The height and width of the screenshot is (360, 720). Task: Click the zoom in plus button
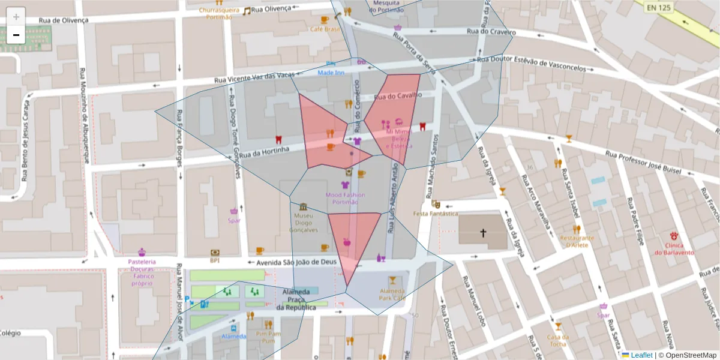pyautogui.click(x=16, y=17)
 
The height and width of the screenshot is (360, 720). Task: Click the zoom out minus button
pyautogui.click(x=16, y=35)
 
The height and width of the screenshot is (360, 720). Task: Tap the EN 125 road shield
pyautogui.click(x=659, y=8)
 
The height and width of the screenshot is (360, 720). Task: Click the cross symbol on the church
pyautogui.click(x=483, y=232)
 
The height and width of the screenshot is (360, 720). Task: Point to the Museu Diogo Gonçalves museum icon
pyautogui.click(x=303, y=207)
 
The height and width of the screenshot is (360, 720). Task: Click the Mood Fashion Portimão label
pyautogui.click(x=345, y=198)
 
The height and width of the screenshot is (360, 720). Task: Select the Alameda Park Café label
pyautogui.click(x=392, y=294)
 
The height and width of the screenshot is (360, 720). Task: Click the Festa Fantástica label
pyautogui.click(x=435, y=214)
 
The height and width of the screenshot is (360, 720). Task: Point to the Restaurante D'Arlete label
pyautogui.click(x=577, y=241)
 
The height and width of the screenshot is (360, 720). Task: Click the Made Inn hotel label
pyautogui.click(x=331, y=73)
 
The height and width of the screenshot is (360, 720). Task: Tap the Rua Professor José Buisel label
pyautogui.click(x=643, y=163)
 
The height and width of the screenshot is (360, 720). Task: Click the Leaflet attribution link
pyautogui.click(x=641, y=355)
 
